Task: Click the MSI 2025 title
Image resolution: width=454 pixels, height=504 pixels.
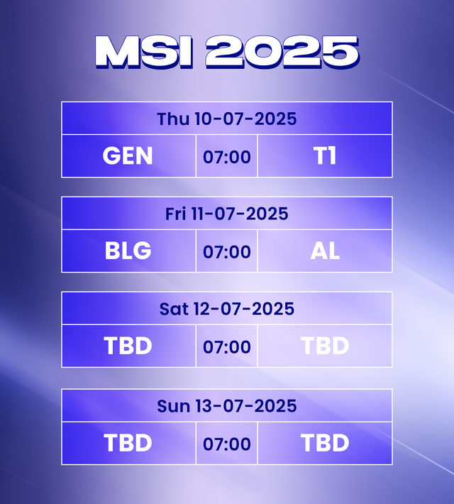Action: coord(227,52)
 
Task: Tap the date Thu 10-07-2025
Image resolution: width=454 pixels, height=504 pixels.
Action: coord(227,119)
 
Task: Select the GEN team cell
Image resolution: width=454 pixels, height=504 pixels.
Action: coord(128,156)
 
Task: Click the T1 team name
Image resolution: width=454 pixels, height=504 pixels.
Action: coord(325,156)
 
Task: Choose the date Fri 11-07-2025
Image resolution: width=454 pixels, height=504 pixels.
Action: coord(227,214)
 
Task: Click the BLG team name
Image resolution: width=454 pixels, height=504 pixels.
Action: coord(128,251)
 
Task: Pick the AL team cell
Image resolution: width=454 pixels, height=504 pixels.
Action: coord(325,251)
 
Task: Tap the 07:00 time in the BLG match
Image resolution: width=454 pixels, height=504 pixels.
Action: coord(227,252)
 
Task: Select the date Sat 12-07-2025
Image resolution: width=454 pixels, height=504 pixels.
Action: coord(227,309)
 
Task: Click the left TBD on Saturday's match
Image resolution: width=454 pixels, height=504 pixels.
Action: coord(128,346)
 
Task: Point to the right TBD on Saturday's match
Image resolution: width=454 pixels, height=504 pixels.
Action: coord(325,346)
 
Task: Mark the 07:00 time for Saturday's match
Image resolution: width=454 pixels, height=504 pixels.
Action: coord(227,347)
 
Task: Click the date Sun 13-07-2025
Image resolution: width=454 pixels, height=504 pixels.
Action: coord(227,406)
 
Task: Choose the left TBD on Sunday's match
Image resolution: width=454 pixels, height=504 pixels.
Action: coord(128,444)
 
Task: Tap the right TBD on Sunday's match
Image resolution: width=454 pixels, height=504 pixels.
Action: coord(325,444)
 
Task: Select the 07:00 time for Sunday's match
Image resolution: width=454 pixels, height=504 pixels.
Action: coord(227,444)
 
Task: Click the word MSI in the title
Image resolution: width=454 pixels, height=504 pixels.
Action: coord(143,52)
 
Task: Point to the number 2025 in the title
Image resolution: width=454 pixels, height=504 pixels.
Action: coord(282,52)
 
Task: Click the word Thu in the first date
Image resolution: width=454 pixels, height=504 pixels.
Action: coord(173,119)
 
